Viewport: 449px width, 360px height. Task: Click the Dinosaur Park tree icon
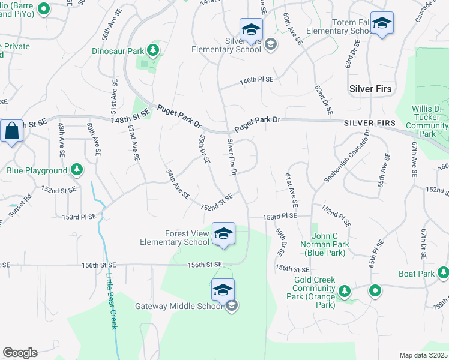tap(154, 50)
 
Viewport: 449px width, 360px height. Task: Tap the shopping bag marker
tap(11, 130)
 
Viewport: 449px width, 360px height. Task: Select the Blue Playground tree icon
tap(76, 170)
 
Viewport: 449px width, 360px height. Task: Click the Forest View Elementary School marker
tap(223, 233)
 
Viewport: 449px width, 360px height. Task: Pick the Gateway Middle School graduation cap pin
tap(223, 290)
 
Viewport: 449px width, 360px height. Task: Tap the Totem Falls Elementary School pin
tap(381, 23)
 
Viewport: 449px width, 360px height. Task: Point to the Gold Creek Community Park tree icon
tap(345, 292)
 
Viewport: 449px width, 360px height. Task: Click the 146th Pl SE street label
tap(256, 80)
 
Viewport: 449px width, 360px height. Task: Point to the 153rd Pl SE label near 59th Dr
tap(280, 216)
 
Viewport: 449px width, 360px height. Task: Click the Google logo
tap(20, 353)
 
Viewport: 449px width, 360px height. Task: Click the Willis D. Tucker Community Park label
tap(427, 121)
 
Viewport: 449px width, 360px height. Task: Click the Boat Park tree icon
tap(443, 274)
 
